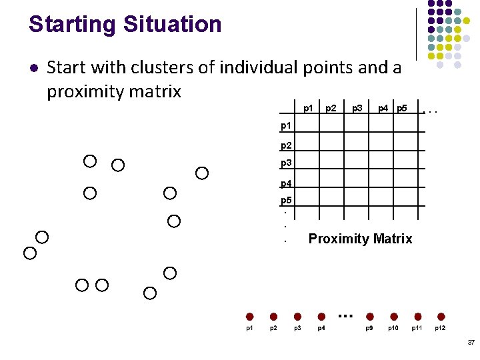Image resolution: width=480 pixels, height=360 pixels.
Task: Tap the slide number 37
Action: coord(471,342)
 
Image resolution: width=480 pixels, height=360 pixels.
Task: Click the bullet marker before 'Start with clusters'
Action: coord(33,68)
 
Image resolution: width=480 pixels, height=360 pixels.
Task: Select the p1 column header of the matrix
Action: coord(308,108)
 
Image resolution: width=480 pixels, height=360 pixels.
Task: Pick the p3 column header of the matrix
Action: coord(357,108)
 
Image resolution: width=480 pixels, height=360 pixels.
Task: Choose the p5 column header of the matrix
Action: coord(401,108)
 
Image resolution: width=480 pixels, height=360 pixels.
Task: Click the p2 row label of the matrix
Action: coord(286,145)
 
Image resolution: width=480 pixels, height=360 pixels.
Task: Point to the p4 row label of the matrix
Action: coord(286,183)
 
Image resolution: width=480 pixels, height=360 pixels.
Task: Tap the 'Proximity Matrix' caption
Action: coord(360,239)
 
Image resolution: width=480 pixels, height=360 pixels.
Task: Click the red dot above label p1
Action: coord(249,317)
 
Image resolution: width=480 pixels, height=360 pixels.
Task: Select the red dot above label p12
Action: coord(441,317)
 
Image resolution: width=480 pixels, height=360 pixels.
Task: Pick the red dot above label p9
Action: coord(369,317)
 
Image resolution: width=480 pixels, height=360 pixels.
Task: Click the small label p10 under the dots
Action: coord(393,328)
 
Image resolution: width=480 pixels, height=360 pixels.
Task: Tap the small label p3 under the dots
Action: coord(297,328)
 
